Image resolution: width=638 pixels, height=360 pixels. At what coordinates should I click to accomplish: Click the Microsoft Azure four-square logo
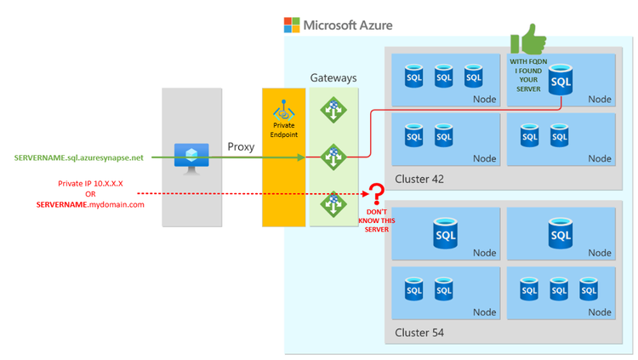tap(292, 25)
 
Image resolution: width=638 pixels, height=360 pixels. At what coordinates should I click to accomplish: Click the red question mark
tap(375, 196)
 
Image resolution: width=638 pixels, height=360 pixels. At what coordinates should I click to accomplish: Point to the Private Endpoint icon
tap(283, 111)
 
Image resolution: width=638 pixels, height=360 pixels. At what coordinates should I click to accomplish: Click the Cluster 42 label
tap(419, 179)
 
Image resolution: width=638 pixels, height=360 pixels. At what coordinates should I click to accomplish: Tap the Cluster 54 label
tap(419, 332)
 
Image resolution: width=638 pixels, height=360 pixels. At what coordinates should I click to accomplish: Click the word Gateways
tap(333, 78)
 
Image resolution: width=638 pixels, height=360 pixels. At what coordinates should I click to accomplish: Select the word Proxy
tap(241, 147)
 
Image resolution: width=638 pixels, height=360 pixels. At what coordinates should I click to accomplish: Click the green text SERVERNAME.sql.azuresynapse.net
tap(79, 157)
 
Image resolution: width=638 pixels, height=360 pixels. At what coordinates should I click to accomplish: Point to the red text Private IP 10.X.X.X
tap(90, 182)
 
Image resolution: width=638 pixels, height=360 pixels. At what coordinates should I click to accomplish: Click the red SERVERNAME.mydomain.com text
tap(90, 205)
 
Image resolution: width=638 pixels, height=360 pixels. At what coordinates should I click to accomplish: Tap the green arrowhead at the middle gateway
tap(301, 157)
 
